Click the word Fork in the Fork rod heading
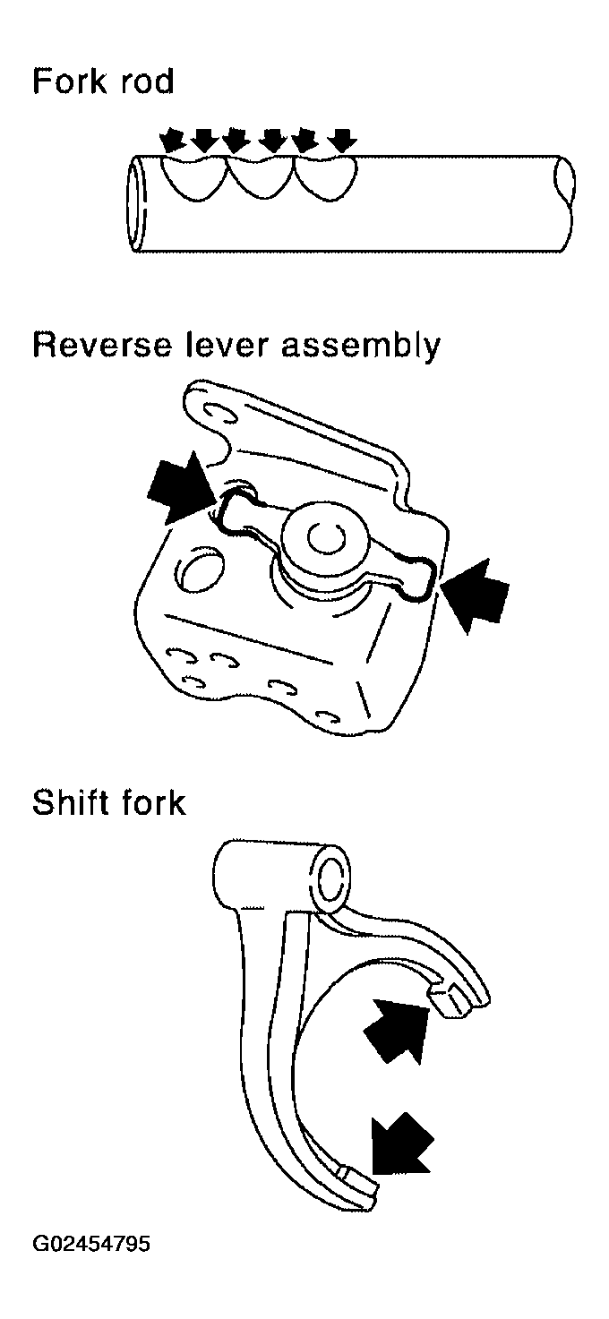[x=70, y=81]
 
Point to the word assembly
[x=360, y=347]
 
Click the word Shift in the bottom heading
[x=70, y=802]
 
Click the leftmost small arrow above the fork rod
[x=173, y=141]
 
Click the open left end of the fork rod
[x=137, y=204]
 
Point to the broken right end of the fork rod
[x=564, y=203]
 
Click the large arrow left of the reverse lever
[x=179, y=486]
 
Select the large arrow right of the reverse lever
[x=475, y=595]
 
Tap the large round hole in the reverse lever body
[x=201, y=570]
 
